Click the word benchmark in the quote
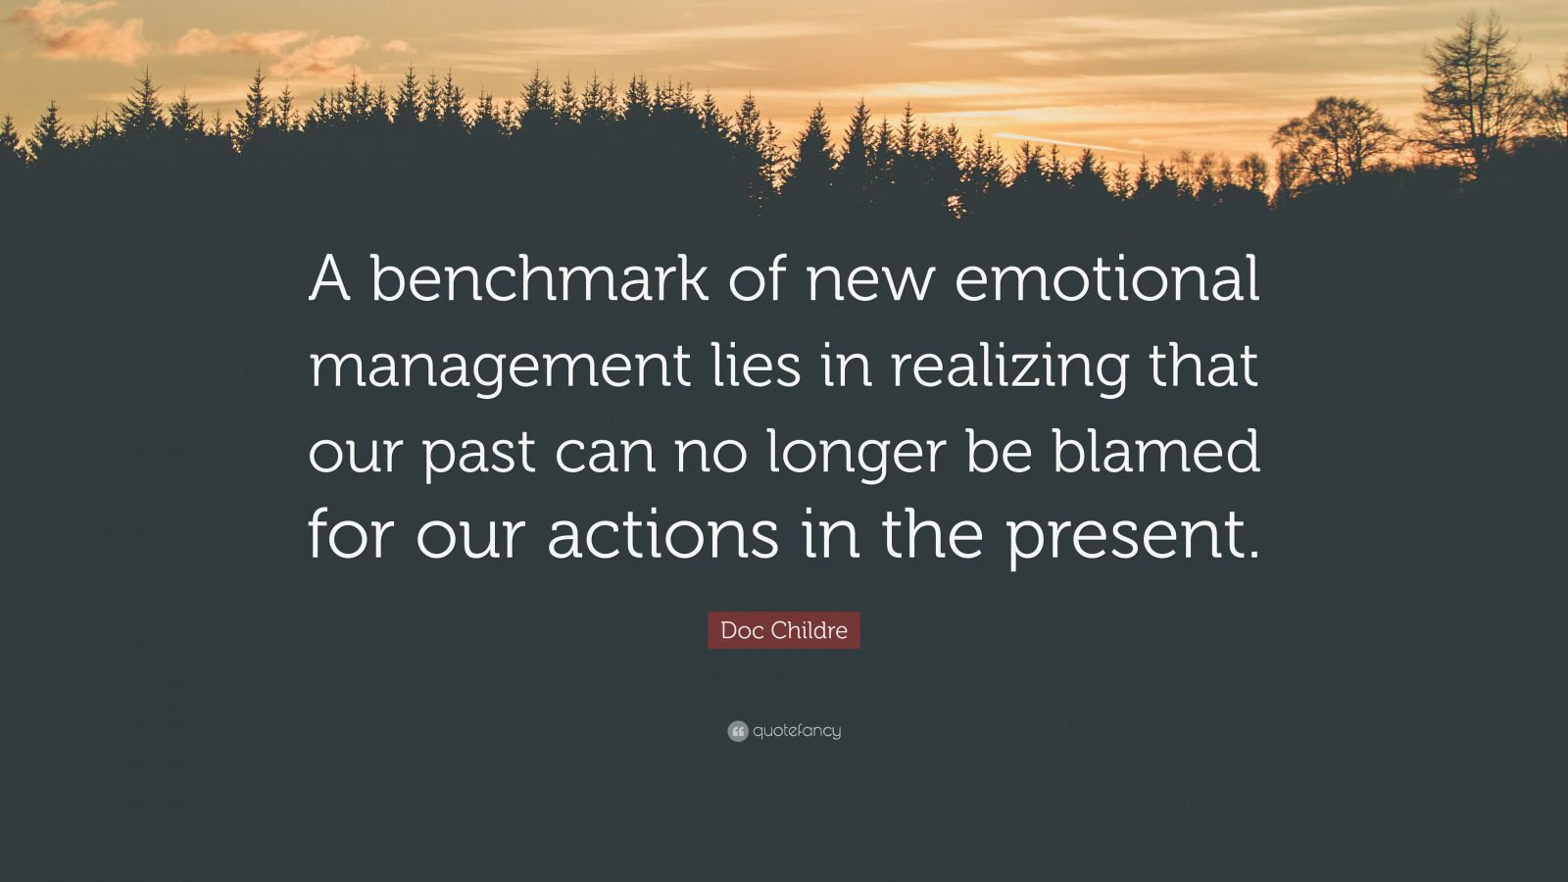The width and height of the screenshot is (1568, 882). [x=537, y=280]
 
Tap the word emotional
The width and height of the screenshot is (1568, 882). [x=1105, y=280]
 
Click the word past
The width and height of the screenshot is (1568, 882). [x=478, y=454]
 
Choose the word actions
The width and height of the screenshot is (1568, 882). [x=663, y=536]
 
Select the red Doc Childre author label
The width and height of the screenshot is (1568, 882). [x=784, y=630]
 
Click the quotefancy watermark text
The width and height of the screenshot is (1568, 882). [x=797, y=731]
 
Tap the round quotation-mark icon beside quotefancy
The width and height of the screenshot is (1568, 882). [x=738, y=731]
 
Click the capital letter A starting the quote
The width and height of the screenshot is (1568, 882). [x=329, y=280]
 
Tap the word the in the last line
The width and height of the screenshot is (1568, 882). [x=931, y=536]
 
